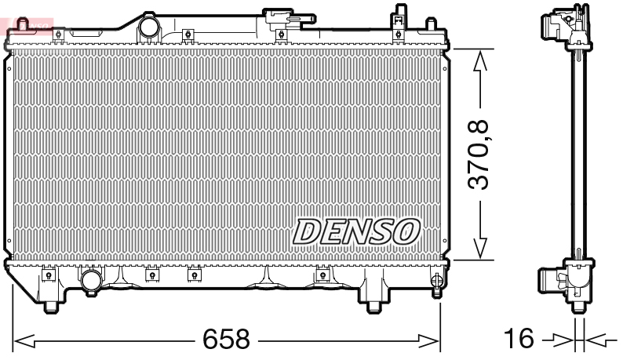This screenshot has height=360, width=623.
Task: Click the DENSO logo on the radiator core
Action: [x=357, y=231]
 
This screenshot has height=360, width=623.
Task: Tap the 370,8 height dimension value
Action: [x=478, y=155]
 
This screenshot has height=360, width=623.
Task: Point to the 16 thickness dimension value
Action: [x=519, y=340]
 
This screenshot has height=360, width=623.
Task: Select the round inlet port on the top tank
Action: [x=148, y=28]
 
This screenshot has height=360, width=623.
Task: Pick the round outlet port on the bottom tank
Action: [x=92, y=280]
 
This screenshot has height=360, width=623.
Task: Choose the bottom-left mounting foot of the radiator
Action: [x=52, y=304]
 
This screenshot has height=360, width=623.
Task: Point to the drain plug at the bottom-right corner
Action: [x=437, y=282]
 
